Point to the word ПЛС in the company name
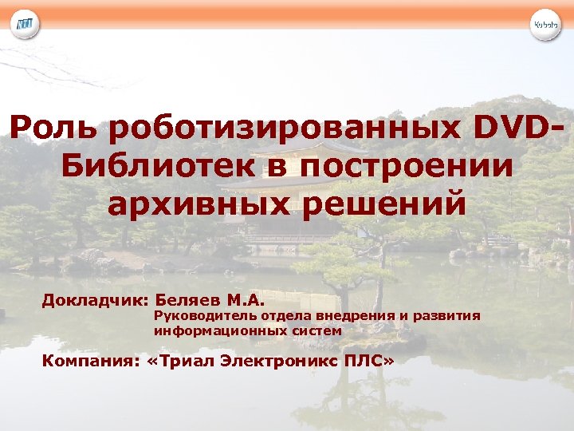click(x=366, y=362)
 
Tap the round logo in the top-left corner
click(x=24, y=25)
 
